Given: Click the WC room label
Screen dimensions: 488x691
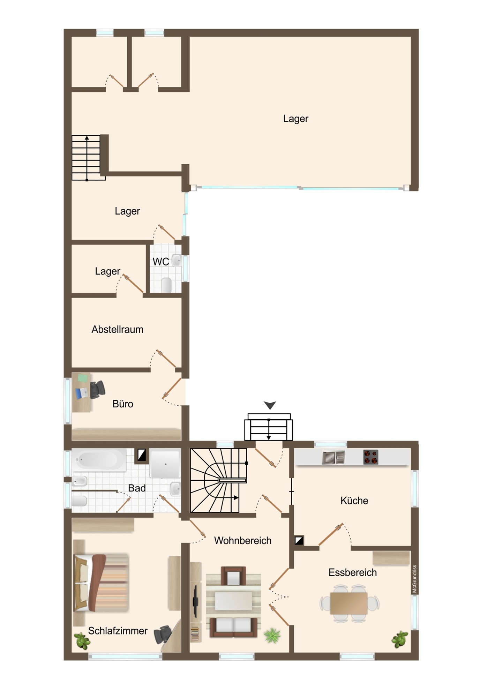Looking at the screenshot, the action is tap(161, 262).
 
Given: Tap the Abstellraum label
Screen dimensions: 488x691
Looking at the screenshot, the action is tap(117, 329).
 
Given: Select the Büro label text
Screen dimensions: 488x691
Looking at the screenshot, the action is tap(123, 404).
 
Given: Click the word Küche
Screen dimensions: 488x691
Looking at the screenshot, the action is tap(354, 501).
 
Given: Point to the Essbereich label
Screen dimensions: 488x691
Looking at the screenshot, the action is tap(353, 572).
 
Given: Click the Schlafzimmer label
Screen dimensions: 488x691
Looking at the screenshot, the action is tap(118, 631).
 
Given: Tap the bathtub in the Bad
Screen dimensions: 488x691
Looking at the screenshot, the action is tap(99, 460).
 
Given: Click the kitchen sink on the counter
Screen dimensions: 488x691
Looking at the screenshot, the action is tap(333, 458).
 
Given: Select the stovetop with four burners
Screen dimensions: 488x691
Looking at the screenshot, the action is tap(370, 457).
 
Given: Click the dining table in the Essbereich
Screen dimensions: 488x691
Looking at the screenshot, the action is tap(349, 604).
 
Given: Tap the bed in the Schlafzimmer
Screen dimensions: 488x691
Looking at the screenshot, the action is tap(101, 583).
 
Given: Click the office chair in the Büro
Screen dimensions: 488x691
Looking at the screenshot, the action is tap(97, 390).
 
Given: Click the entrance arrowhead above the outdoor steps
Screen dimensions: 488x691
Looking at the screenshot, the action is tap(270, 405).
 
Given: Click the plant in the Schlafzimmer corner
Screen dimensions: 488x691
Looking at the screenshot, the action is tap(82, 641).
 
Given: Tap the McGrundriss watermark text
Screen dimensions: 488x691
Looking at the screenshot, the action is tap(414, 579).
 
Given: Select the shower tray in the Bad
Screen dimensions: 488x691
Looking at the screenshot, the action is tap(165, 464).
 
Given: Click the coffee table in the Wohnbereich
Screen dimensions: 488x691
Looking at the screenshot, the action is tap(233, 601).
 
